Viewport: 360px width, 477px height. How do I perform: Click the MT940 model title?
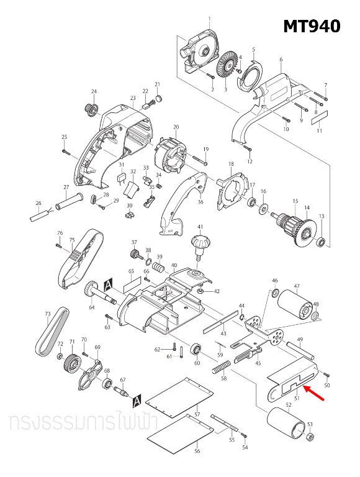click(x=312, y=27)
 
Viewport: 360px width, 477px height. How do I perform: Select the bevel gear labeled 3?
click(x=227, y=65)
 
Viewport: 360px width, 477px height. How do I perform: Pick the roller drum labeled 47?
click(x=295, y=305)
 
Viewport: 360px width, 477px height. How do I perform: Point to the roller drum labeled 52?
click(x=286, y=427)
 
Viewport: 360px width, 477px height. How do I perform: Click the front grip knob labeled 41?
click(x=200, y=243)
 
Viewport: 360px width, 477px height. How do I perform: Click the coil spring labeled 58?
click(x=220, y=370)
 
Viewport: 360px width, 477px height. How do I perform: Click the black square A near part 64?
click(x=109, y=284)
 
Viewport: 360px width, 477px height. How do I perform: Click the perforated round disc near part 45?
click(x=274, y=338)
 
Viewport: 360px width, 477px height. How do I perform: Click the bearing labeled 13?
click(x=321, y=241)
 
